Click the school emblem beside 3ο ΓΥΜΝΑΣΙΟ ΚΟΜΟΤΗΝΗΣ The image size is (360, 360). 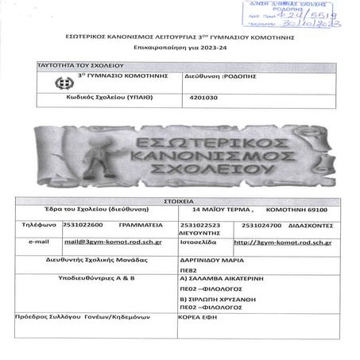click(58, 82)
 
